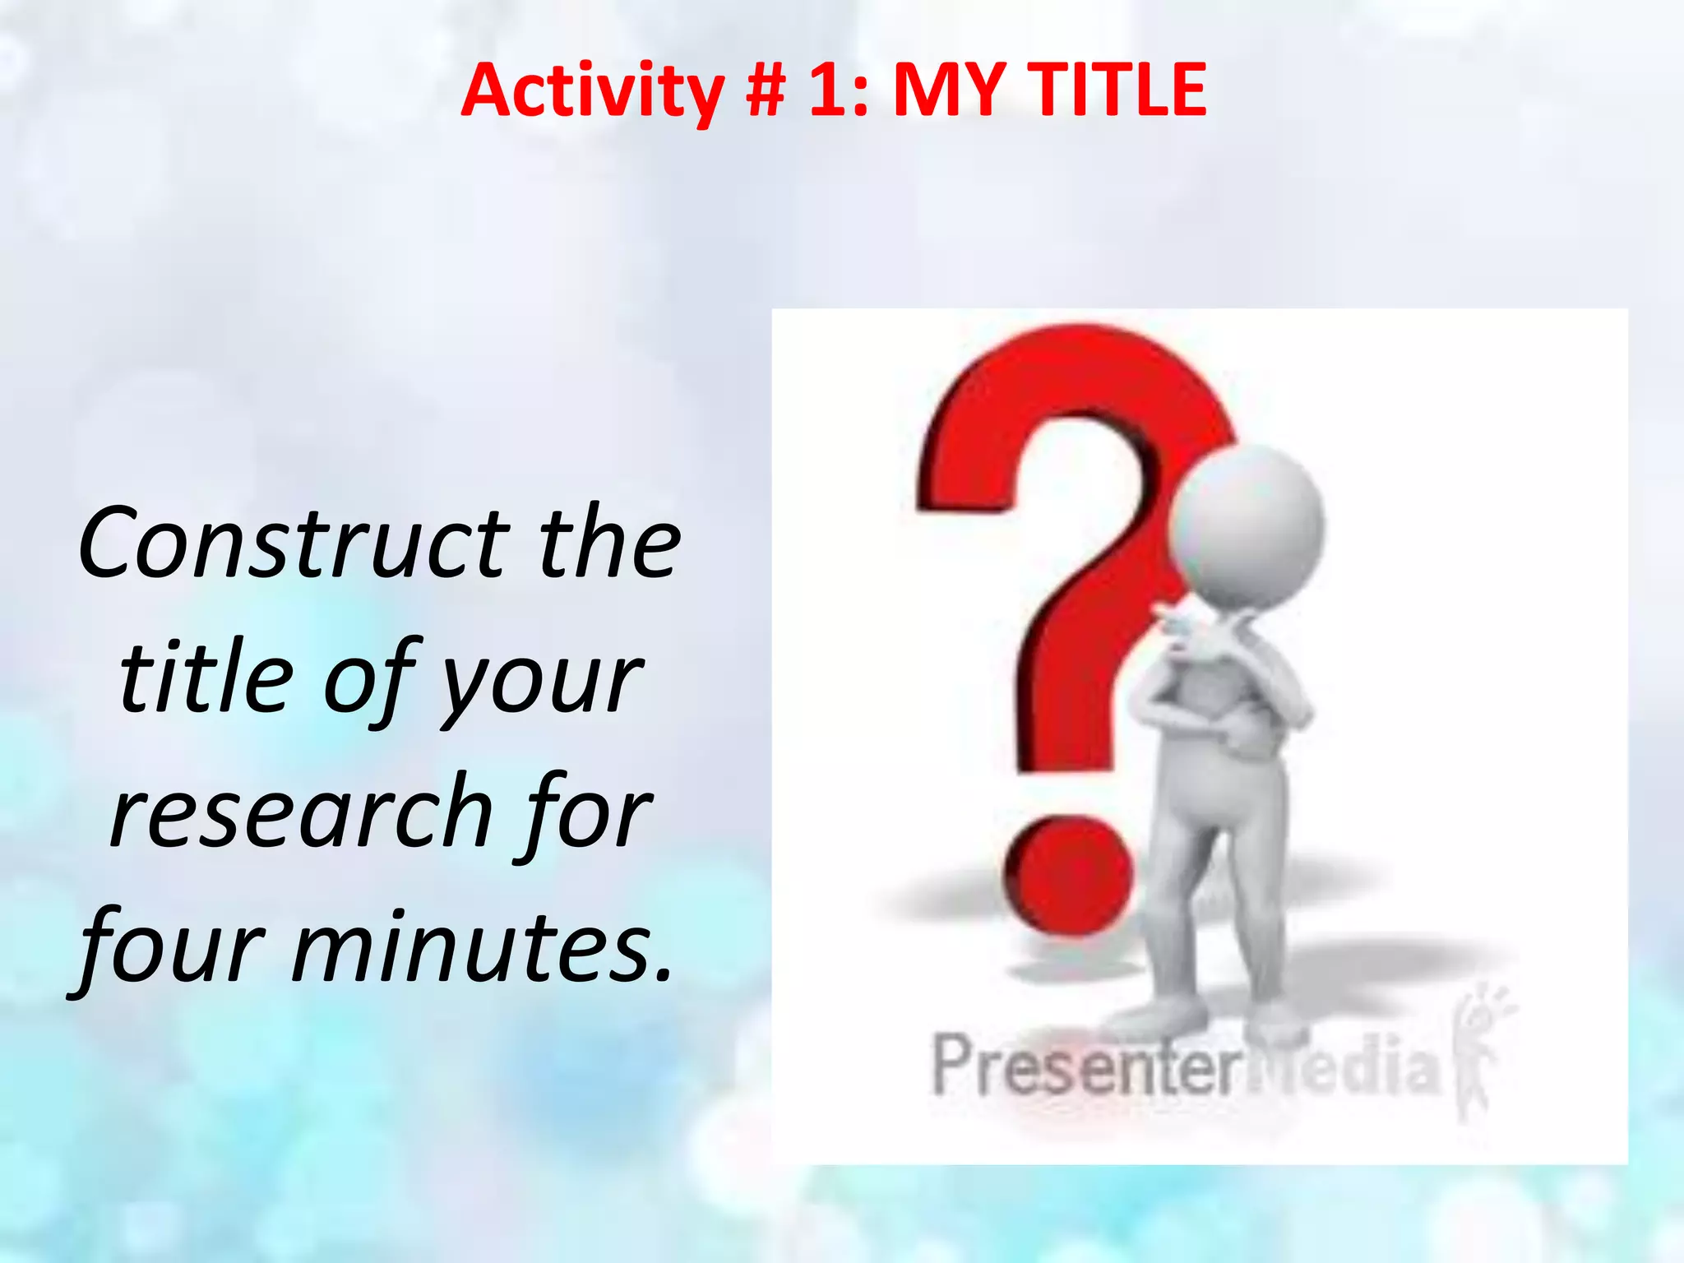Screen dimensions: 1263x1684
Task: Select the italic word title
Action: point(206,678)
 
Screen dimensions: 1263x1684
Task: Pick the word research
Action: point(300,814)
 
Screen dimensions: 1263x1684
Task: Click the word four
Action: point(173,947)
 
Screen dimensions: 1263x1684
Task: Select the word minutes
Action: point(482,947)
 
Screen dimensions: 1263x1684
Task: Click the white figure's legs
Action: point(1201,913)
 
